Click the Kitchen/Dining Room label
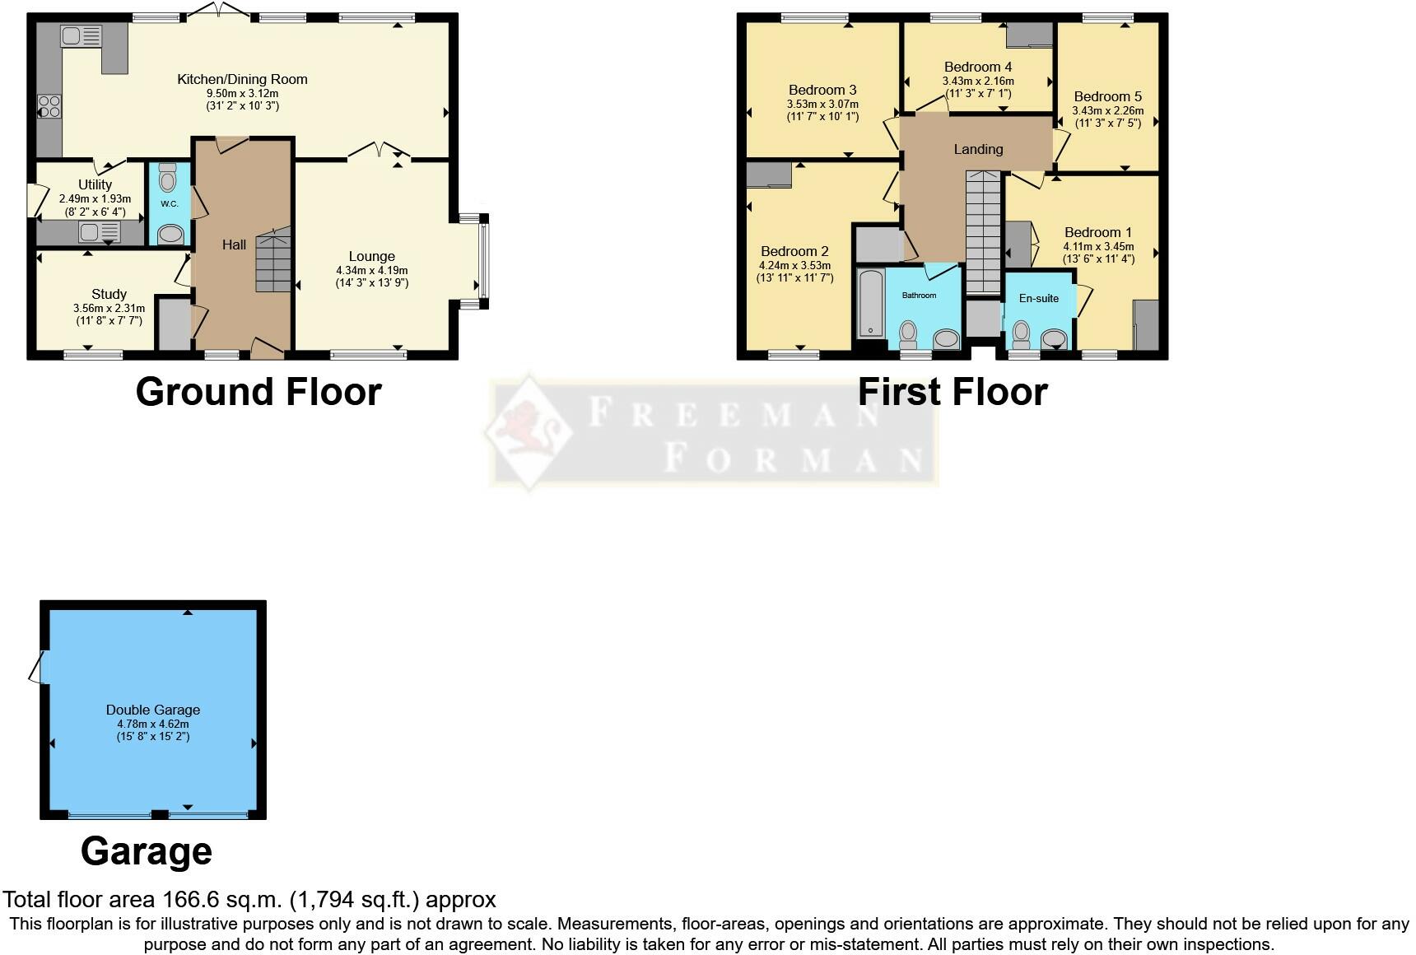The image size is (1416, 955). (x=242, y=79)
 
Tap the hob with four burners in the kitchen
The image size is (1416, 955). (x=49, y=108)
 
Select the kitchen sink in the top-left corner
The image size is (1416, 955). (x=80, y=36)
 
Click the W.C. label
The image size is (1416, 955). (x=169, y=203)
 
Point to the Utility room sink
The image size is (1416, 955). (x=99, y=233)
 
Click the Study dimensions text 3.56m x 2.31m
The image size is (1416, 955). (x=109, y=309)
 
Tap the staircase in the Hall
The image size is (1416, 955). (x=273, y=262)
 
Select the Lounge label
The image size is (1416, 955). (x=371, y=256)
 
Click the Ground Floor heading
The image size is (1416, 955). (x=259, y=392)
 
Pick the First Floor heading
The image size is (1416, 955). (x=953, y=392)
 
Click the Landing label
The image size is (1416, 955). (x=978, y=149)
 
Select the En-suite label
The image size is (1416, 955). (x=1038, y=298)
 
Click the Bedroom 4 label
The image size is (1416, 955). (x=978, y=67)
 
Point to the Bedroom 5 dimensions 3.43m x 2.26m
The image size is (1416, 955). (x=1107, y=110)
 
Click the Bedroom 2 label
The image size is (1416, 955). (x=794, y=251)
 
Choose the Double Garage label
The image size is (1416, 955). (x=153, y=710)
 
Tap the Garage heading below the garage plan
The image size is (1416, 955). (x=147, y=851)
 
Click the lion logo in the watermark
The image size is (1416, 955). (x=527, y=432)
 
